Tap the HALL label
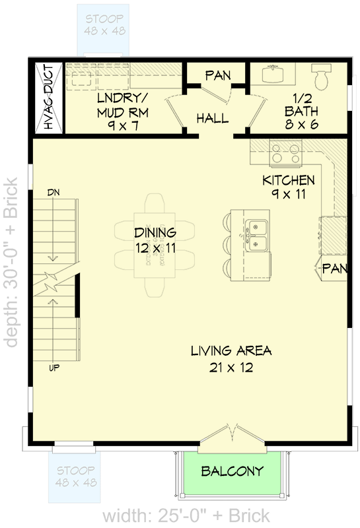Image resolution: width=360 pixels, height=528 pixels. [x=213, y=119]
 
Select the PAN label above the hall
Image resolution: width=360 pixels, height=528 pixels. [x=217, y=75]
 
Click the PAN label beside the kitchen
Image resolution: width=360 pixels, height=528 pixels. [x=334, y=269]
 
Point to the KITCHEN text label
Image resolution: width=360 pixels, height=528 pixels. [x=289, y=180]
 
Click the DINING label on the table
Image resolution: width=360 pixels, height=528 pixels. [x=155, y=232]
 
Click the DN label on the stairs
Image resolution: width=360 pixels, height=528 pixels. [x=54, y=192]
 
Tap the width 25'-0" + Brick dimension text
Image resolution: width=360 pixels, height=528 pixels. [x=186, y=515]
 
